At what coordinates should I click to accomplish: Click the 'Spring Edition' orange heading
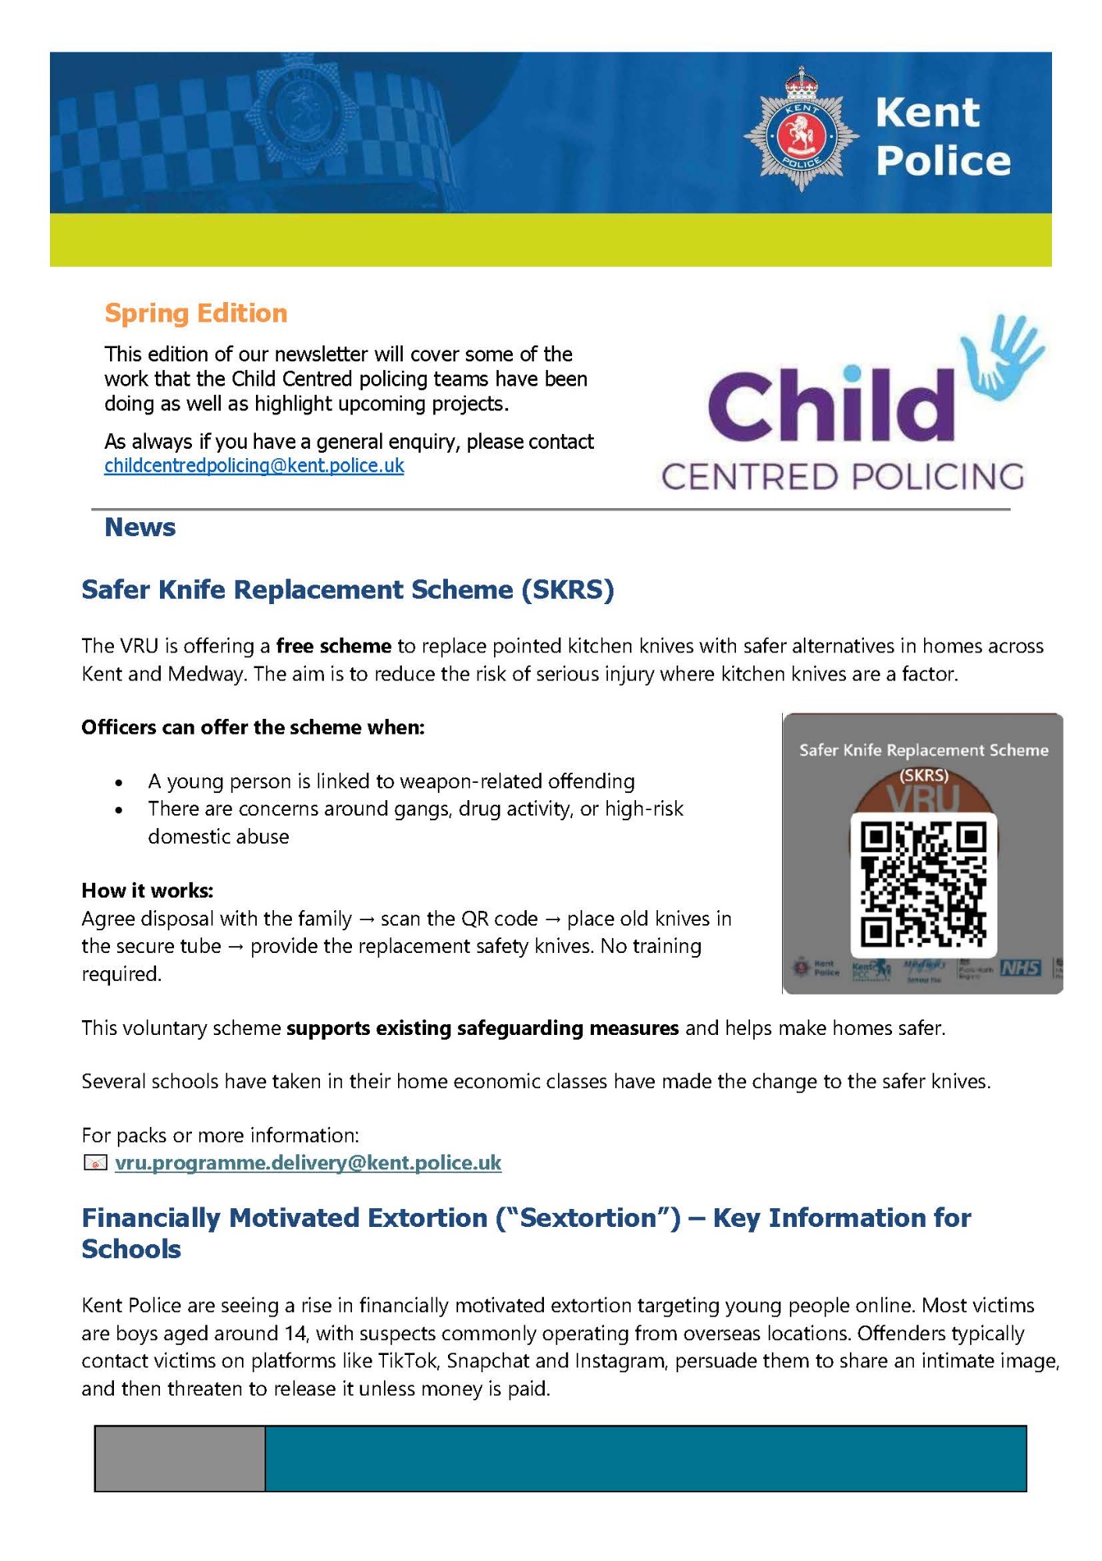(x=196, y=313)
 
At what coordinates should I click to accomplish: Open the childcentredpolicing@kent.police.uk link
(x=254, y=466)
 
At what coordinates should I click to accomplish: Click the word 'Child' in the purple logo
(x=830, y=406)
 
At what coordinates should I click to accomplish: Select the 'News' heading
(x=140, y=528)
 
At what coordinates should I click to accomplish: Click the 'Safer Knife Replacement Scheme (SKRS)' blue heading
(x=348, y=589)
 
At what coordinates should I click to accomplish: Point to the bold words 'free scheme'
(x=333, y=646)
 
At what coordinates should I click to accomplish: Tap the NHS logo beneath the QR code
(x=1021, y=968)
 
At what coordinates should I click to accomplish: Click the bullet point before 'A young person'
(x=119, y=783)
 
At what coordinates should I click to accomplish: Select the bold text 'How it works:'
(x=148, y=891)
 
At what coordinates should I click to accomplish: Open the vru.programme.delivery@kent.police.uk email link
(x=308, y=1163)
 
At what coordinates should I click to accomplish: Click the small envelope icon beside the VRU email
(x=94, y=1164)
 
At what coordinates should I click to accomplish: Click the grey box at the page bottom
(x=180, y=1458)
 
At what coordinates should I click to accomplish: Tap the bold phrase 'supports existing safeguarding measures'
(x=482, y=1028)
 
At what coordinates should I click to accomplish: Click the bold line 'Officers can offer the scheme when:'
(x=253, y=727)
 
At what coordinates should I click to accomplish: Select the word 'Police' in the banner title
(x=943, y=161)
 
